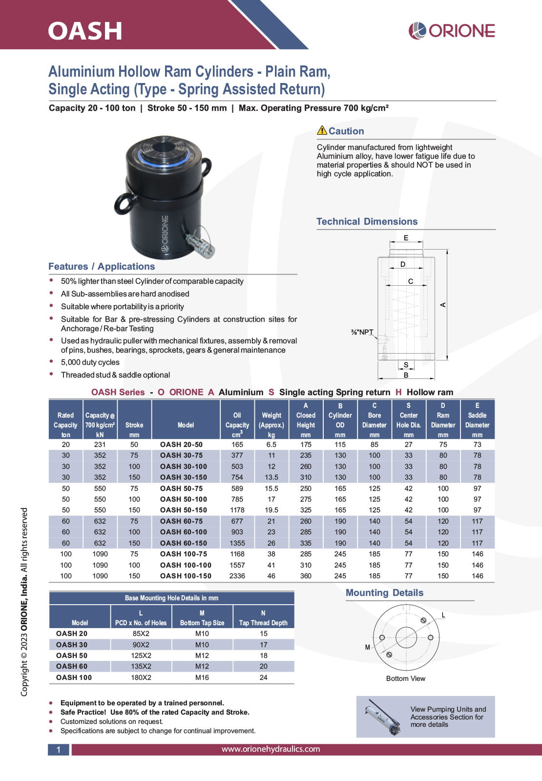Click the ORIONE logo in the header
pos(452,30)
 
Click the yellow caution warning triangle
pos(322,130)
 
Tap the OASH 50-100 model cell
pos(184,499)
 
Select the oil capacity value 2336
pos(237,576)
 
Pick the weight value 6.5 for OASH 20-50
pos(271,444)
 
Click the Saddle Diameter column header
pos(477,420)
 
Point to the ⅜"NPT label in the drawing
pos(362,332)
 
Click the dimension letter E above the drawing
pos(406,238)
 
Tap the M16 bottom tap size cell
pos(202,677)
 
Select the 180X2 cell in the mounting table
pos(141,677)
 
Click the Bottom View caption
pos(405,678)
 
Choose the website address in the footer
pos(271,749)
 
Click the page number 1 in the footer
pos(59,750)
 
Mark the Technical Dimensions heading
pos(367,221)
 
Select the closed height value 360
pos(306,576)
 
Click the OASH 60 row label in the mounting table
pos(72,666)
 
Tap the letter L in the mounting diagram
pos(443,615)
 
